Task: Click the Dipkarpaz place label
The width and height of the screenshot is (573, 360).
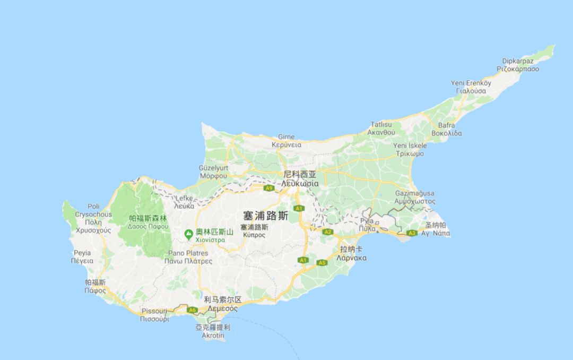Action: pos(517,61)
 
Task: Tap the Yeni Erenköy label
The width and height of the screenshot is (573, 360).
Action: pos(471,83)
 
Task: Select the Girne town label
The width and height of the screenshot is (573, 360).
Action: pos(286,137)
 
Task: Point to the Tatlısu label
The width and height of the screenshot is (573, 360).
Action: pos(381,124)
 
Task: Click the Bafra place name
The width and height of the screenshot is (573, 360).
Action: pos(446,125)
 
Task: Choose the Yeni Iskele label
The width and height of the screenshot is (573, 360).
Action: pos(410,145)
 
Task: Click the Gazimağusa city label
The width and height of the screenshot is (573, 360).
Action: pos(414,194)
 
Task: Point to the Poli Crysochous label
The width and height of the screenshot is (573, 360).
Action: pos(93,210)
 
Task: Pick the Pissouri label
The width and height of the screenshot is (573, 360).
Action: pos(154,311)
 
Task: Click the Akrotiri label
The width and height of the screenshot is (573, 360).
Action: pos(213,336)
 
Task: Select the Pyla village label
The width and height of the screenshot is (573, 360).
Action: pos(367,220)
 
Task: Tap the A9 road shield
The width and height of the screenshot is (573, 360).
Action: pos(269,188)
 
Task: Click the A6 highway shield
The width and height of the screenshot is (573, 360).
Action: pos(192,310)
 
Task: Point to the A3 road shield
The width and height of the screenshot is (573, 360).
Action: pos(412,233)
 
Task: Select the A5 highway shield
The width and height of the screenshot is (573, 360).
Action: pos(322,263)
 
